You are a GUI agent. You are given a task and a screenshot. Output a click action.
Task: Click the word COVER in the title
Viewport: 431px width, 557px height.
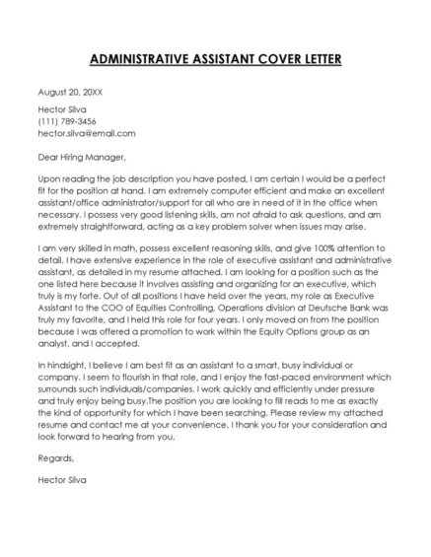(x=266, y=59)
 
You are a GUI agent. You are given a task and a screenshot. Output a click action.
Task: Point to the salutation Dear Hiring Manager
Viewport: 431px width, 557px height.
(x=82, y=155)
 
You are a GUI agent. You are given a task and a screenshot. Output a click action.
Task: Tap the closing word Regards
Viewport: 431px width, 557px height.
(x=56, y=457)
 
